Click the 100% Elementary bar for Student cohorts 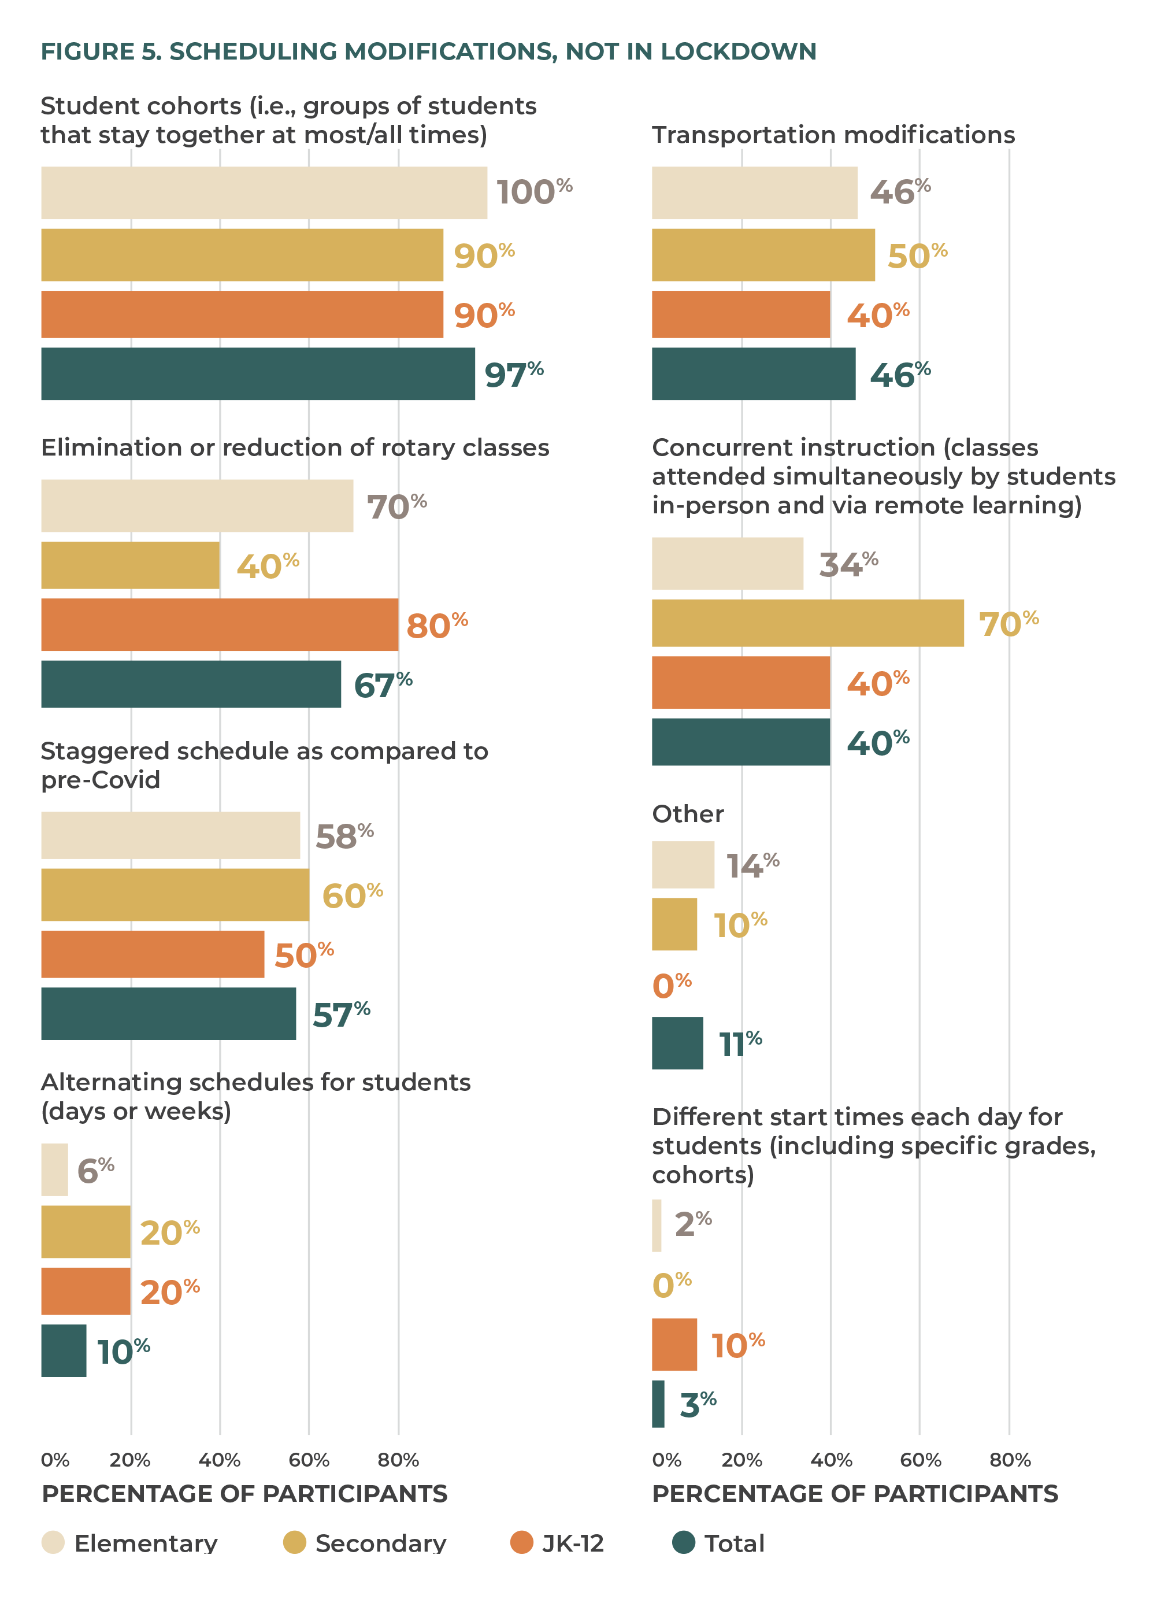pos(264,193)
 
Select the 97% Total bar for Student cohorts pos(258,373)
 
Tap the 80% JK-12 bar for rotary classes pos(219,624)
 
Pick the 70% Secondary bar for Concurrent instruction pos(807,623)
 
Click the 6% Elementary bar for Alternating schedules pos(54,1169)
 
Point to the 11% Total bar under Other pos(677,1042)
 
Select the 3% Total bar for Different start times pos(658,1403)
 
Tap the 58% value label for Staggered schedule pos(344,836)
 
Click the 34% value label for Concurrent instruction pos(848,564)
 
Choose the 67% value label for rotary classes pos(383,684)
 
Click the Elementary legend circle pos(53,1542)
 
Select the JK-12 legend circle pos(521,1542)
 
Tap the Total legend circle pos(683,1542)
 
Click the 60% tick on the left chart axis pos(309,1460)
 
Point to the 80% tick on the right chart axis pos(1010,1460)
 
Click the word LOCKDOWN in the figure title pos(738,51)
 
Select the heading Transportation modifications pos(833,134)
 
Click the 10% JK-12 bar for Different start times pos(674,1343)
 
